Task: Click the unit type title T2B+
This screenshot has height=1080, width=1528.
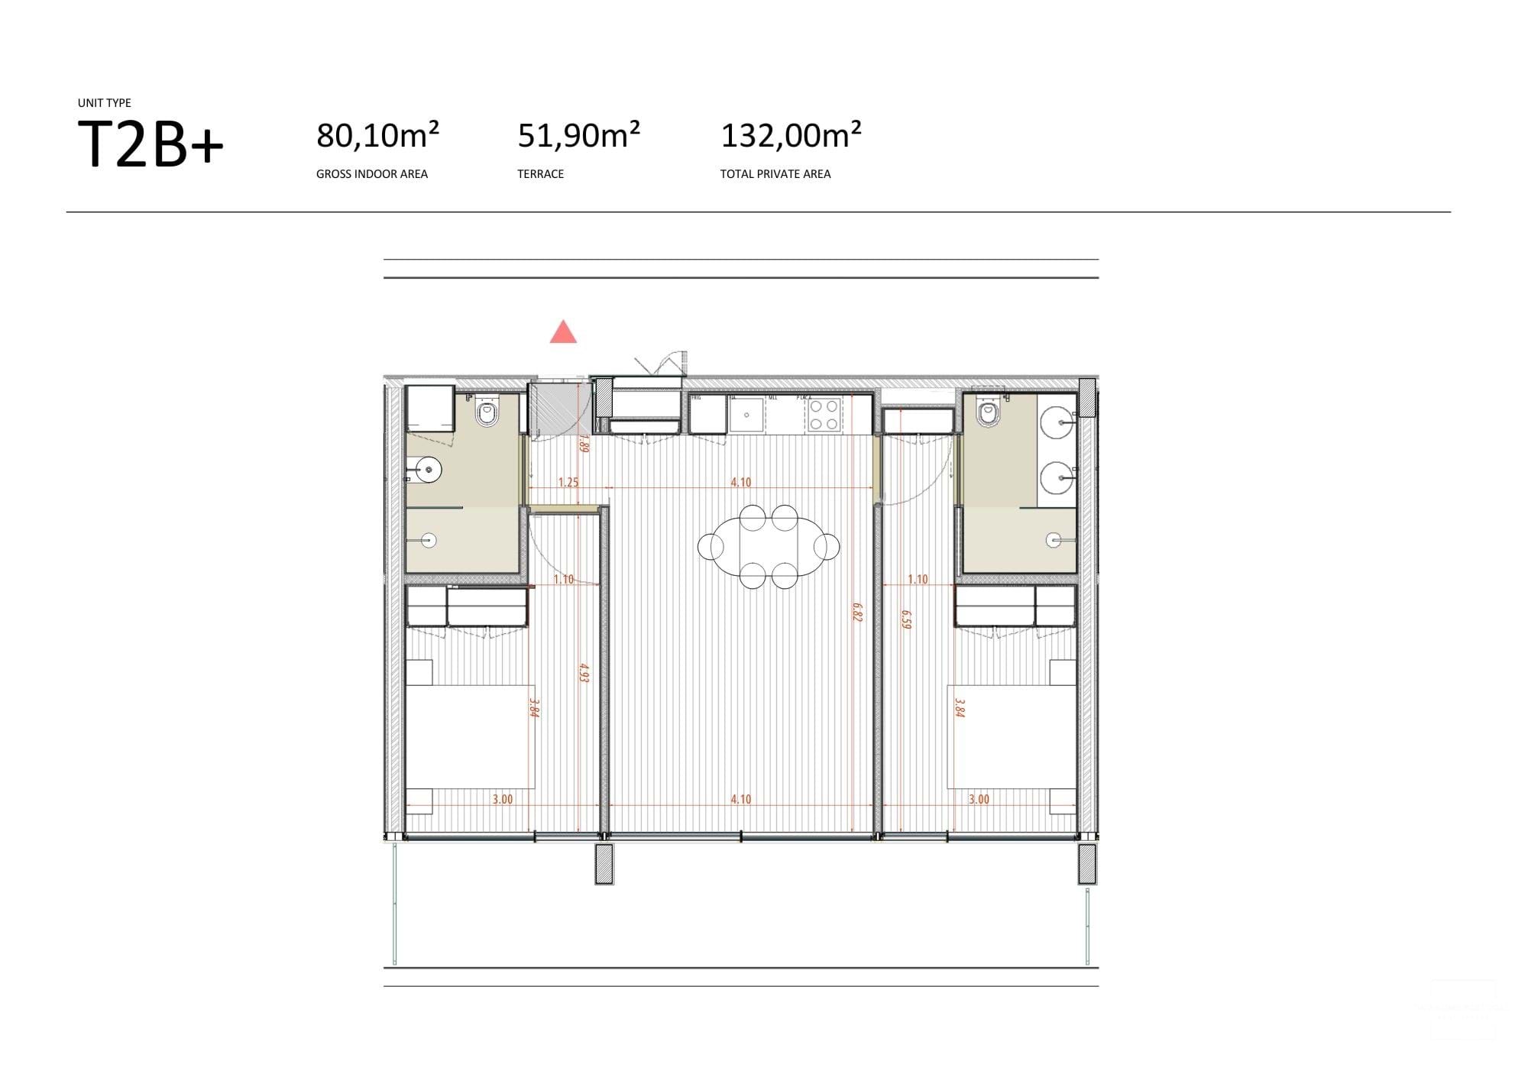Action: tap(151, 144)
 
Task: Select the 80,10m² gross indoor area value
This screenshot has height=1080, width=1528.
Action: tap(377, 136)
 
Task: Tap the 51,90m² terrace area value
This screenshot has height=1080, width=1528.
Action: tap(578, 136)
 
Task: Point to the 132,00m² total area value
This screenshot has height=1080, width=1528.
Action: tap(791, 136)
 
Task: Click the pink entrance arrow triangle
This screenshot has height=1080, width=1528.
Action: tap(563, 333)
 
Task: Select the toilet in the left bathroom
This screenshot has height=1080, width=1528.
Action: tap(487, 414)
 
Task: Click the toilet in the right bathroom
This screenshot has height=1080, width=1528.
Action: tap(989, 412)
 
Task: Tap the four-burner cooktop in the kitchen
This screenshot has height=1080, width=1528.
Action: tap(824, 415)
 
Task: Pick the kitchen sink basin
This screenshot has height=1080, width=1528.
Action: tap(746, 415)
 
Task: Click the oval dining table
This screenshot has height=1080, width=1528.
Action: tap(769, 547)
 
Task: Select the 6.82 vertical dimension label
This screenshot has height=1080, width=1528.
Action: tap(857, 613)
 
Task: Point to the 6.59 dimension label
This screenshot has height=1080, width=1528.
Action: tap(906, 619)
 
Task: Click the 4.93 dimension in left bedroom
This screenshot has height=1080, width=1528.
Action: tap(584, 674)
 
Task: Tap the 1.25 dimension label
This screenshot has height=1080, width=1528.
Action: tap(568, 482)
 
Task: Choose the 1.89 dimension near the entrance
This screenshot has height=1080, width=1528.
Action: tap(584, 444)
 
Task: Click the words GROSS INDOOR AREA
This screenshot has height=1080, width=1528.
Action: tap(372, 174)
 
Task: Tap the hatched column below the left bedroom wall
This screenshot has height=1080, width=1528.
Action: tap(604, 864)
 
